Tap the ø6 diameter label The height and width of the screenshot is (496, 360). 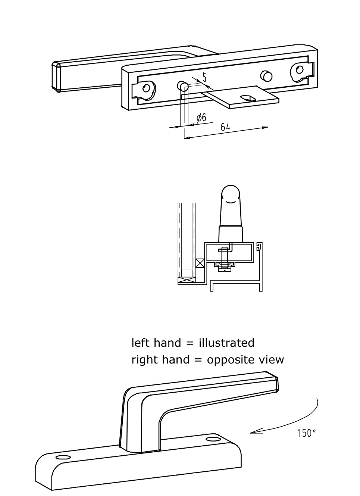point(201,118)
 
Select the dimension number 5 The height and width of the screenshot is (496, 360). point(204,77)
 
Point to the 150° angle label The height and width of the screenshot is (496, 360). point(306,433)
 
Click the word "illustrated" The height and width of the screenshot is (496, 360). point(226,343)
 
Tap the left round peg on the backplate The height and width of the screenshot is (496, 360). point(182,86)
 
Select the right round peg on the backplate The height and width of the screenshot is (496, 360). point(266,76)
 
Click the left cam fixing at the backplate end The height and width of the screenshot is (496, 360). point(148,88)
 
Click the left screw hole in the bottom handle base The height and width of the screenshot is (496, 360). point(63,457)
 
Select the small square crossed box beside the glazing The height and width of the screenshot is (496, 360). point(200,263)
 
